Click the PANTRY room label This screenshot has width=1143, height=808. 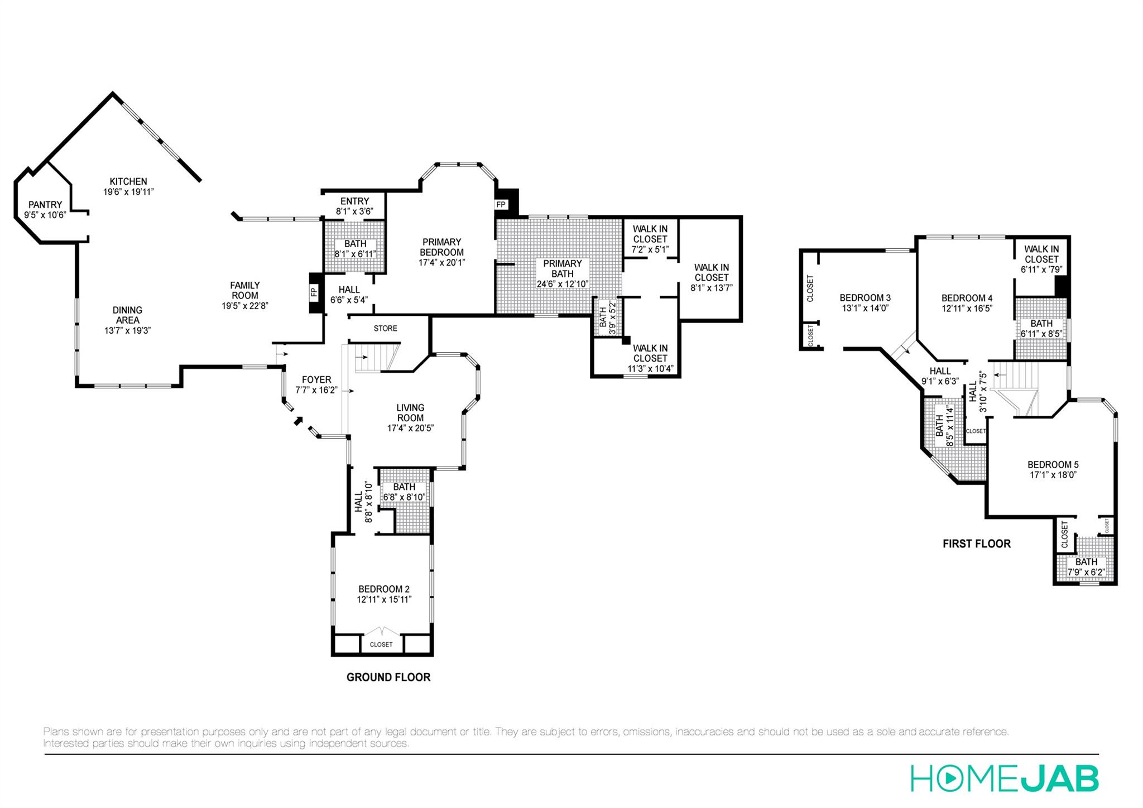[x=45, y=205]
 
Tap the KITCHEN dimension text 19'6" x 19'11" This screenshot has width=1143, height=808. [x=128, y=192]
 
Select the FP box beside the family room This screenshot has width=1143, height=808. [x=314, y=291]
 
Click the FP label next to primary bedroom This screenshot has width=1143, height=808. [x=501, y=205]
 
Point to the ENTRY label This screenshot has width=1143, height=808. [x=354, y=201]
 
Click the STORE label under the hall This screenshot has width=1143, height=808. [x=385, y=328]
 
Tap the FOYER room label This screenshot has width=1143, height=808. [x=316, y=379]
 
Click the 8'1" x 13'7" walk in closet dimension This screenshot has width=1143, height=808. [x=711, y=288]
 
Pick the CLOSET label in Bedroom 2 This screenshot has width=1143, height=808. [x=381, y=645]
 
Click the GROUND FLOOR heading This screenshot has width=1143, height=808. [x=388, y=677]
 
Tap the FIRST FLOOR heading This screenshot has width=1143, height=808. [x=977, y=544]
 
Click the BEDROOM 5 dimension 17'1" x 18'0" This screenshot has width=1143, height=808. [x=1053, y=475]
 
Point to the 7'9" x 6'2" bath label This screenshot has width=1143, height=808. [x=1086, y=573]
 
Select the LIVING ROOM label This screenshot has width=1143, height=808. [x=410, y=413]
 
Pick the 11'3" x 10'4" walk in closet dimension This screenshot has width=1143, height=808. [x=650, y=369]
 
